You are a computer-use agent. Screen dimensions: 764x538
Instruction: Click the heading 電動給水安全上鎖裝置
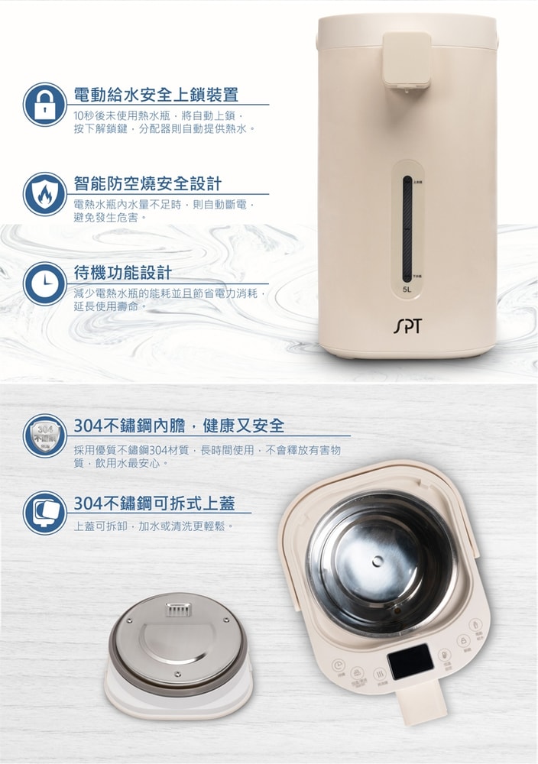pos(156,95)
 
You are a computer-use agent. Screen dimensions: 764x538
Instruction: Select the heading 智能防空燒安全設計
pos(147,184)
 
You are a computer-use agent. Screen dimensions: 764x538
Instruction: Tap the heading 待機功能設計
pos(122,273)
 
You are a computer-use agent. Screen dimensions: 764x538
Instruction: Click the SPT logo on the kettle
pos(407,328)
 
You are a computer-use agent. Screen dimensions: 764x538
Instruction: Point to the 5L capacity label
pos(407,290)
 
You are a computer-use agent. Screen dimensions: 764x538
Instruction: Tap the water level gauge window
pos(407,228)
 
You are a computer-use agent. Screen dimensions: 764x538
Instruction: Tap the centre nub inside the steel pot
pos(377,562)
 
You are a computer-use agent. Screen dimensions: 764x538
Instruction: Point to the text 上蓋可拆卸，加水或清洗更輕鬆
pos(153,526)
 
